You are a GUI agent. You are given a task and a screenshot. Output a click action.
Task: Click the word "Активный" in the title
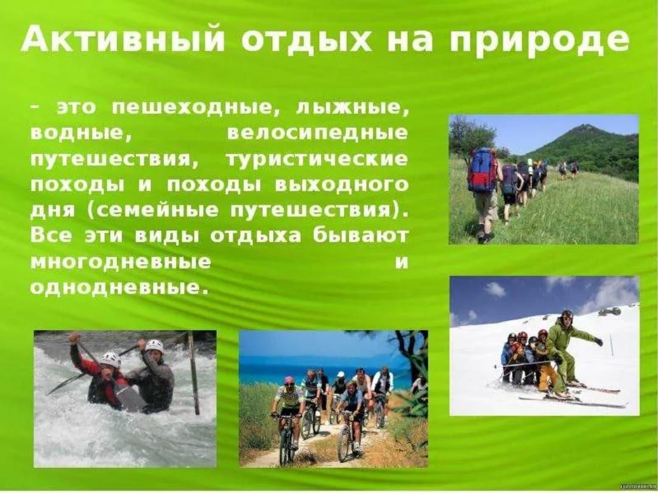(122, 40)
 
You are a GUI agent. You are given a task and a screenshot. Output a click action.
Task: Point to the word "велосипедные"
(317, 133)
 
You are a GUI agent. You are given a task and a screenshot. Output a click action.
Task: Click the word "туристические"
(317, 159)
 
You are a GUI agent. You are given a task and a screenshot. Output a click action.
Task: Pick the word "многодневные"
(121, 263)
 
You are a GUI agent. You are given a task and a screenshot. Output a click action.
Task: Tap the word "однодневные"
(119, 288)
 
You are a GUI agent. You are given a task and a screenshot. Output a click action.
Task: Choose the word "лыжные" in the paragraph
(353, 108)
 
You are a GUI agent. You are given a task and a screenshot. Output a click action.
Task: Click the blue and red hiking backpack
(482, 169)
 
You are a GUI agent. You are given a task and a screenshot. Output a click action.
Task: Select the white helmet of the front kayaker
(110, 359)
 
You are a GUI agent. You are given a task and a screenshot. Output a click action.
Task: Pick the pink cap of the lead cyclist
(289, 380)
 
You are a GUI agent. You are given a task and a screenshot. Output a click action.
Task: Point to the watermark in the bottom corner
(638, 485)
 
